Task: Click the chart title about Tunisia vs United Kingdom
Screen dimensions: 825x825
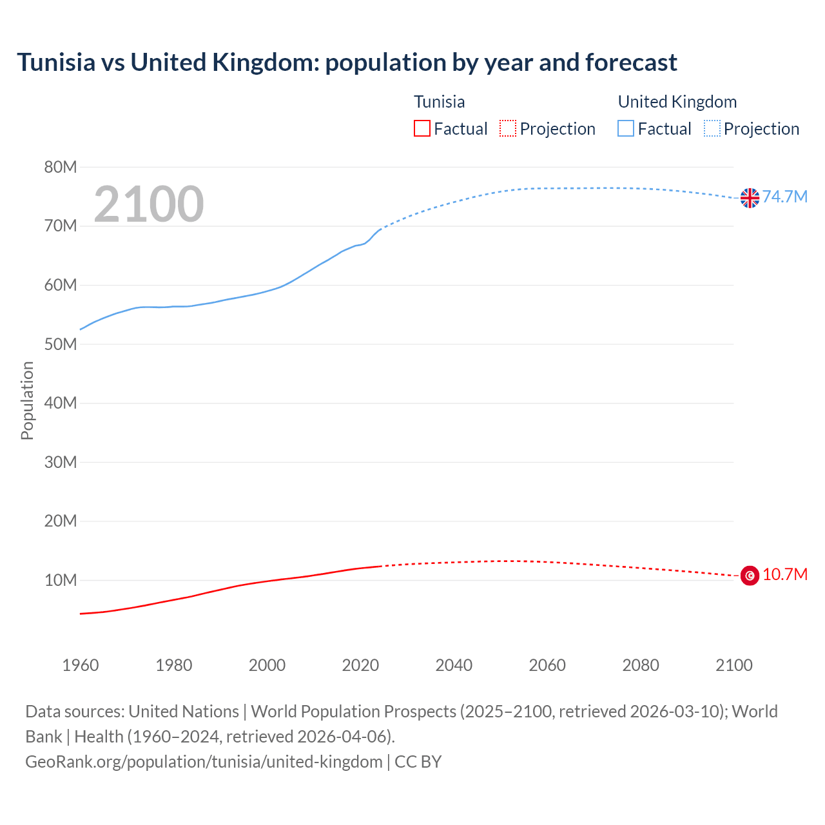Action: (x=347, y=63)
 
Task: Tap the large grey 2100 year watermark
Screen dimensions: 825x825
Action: (x=149, y=204)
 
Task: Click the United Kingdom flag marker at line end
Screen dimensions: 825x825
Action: (x=750, y=198)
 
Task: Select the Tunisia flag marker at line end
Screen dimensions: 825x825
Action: (x=750, y=575)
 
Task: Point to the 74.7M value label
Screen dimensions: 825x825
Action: (x=785, y=197)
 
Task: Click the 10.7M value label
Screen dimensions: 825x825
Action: (x=785, y=574)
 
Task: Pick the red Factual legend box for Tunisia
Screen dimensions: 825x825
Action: (x=422, y=129)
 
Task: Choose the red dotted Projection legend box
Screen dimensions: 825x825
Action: (x=508, y=129)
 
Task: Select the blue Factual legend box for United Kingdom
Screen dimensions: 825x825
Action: (x=626, y=129)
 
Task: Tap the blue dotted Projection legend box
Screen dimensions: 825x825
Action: (x=712, y=129)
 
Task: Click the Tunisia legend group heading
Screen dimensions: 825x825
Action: (x=439, y=102)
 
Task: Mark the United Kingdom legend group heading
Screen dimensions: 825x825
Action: (x=677, y=102)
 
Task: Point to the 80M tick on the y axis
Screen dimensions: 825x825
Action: (x=61, y=167)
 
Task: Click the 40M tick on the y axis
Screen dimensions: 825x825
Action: (x=61, y=403)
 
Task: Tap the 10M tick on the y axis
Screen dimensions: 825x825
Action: (x=61, y=580)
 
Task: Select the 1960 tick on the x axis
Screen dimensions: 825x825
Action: (x=81, y=665)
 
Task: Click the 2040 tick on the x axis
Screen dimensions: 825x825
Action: (x=454, y=665)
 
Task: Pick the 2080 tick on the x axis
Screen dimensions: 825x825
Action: (x=641, y=665)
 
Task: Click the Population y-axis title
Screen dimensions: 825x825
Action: (x=27, y=400)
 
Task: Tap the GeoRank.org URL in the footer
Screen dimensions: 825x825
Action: (x=204, y=762)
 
